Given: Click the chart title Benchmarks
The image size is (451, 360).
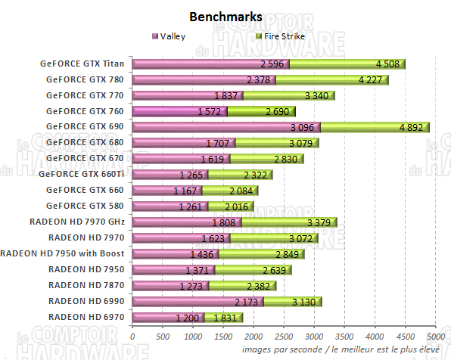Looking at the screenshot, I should (x=225, y=16).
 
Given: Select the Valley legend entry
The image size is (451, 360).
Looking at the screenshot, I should (x=171, y=36).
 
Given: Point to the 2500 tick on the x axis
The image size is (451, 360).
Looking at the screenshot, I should (x=284, y=336).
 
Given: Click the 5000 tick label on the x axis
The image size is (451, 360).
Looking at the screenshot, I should (x=434, y=336).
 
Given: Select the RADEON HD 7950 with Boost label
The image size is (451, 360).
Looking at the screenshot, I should (x=66, y=253).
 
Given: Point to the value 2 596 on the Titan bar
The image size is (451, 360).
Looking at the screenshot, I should (x=272, y=64).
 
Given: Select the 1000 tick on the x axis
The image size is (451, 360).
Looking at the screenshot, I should (x=193, y=336).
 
